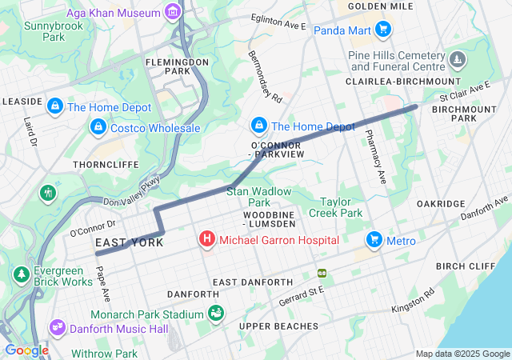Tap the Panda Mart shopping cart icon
(x=383, y=30)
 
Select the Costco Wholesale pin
(x=98, y=127)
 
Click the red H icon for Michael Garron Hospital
(x=207, y=239)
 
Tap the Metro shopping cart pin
(x=374, y=240)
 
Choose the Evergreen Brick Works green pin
(x=19, y=275)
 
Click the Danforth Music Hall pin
(x=57, y=328)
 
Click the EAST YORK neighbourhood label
(x=130, y=242)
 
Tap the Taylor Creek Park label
(x=342, y=207)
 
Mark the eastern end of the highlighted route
(x=414, y=106)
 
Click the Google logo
(x=26, y=350)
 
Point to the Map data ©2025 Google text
(x=462, y=354)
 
